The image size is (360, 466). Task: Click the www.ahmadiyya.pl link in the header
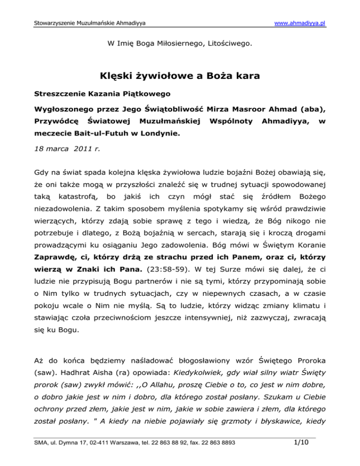(x=300, y=23)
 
